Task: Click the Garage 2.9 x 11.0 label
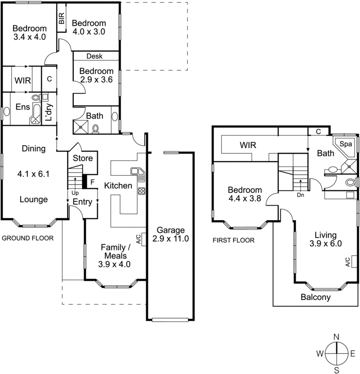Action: (x=170, y=234)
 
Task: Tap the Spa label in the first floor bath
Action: (x=346, y=144)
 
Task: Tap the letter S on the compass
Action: (x=336, y=370)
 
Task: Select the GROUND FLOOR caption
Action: (x=28, y=238)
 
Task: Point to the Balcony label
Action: (x=316, y=297)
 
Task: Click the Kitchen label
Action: (x=118, y=186)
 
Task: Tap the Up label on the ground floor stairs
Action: (x=75, y=192)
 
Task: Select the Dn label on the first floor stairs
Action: (x=301, y=196)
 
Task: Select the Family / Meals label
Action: (x=114, y=255)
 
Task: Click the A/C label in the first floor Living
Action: (x=347, y=262)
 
